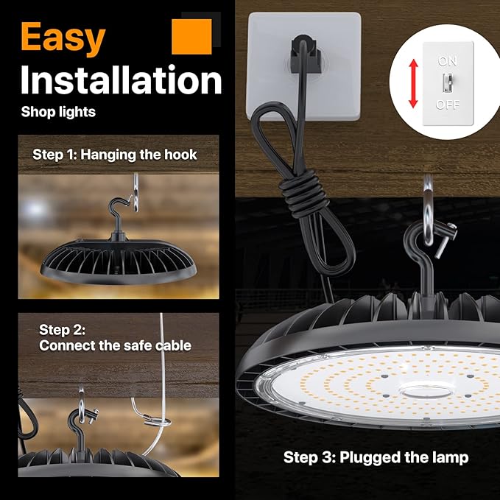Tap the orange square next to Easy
(x=191, y=36)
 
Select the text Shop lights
(x=58, y=113)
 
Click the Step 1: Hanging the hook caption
(x=115, y=155)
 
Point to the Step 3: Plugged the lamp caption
(x=376, y=458)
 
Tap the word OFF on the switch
(x=448, y=105)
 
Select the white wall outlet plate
(x=303, y=66)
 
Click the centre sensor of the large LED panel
(x=418, y=391)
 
